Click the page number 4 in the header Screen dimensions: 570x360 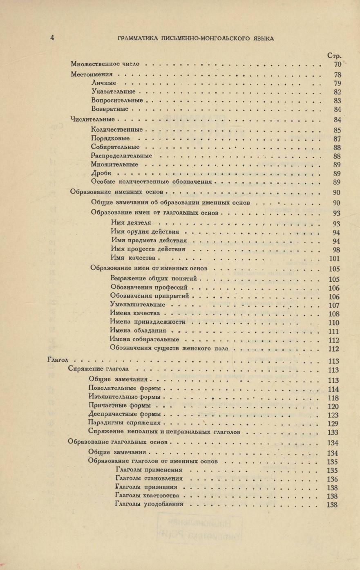tap(52, 38)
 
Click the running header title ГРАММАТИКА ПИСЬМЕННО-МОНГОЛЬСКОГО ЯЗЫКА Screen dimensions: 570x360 tap(195, 39)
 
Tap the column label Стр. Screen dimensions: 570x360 tap(334, 56)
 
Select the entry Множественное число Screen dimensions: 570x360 tap(105, 64)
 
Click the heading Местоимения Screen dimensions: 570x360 tap(92, 75)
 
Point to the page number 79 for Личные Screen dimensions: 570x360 tap(337, 83)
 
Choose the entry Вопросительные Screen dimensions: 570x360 tap(117, 100)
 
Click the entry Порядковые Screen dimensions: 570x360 tap(110, 139)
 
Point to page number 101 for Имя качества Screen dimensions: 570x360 tap(334, 258)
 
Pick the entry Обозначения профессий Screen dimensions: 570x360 tap(149, 287)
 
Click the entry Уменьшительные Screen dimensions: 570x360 tap(138, 305)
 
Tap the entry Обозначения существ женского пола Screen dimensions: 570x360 tap(169, 349)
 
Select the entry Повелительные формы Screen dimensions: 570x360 tap(124, 388)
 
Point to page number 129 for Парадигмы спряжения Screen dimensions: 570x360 tap(333, 423)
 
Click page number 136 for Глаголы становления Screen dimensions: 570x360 tap(333, 479)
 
